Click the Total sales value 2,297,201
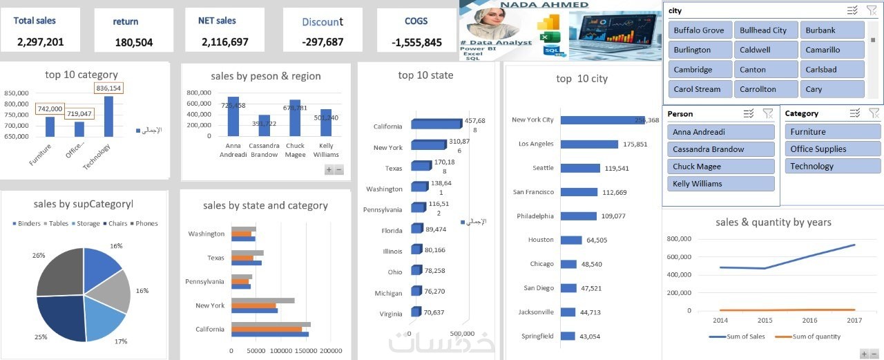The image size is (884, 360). (41, 42)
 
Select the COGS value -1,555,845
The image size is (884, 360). (416, 42)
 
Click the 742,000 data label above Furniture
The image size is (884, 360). (50, 109)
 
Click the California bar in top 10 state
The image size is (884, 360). (436, 124)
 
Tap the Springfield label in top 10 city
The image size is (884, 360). (538, 337)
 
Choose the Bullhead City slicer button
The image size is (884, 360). (763, 30)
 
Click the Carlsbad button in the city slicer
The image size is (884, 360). (832, 70)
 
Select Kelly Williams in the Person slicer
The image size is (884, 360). (720, 184)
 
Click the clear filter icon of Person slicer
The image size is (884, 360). (768, 113)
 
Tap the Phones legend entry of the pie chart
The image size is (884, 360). (146, 224)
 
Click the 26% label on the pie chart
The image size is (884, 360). (39, 256)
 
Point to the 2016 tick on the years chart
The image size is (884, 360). (809, 321)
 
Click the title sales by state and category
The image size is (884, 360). (265, 206)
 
